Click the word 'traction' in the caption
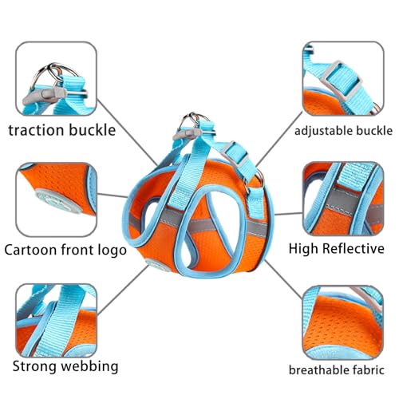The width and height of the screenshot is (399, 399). click(x=36, y=130)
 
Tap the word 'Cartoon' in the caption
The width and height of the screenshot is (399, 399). click(x=30, y=250)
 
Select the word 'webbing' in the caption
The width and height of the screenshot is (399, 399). click(x=89, y=367)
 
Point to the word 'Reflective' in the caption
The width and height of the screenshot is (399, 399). click(x=354, y=249)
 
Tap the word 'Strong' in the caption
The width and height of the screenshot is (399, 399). click(x=35, y=367)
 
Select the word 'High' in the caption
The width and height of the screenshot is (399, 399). click(x=303, y=249)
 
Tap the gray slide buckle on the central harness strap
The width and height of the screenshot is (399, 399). click(x=235, y=155)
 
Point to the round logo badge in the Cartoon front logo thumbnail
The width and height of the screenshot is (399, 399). click(x=58, y=200)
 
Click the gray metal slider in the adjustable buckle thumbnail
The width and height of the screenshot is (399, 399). click(x=342, y=81)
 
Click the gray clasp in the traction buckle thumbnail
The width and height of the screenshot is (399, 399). click(x=45, y=96)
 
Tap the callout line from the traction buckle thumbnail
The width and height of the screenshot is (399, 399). click(x=128, y=132)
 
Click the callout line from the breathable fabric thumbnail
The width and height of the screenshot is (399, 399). click(x=284, y=279)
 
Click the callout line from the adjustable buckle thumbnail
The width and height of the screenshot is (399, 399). click(x=279, y=139)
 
